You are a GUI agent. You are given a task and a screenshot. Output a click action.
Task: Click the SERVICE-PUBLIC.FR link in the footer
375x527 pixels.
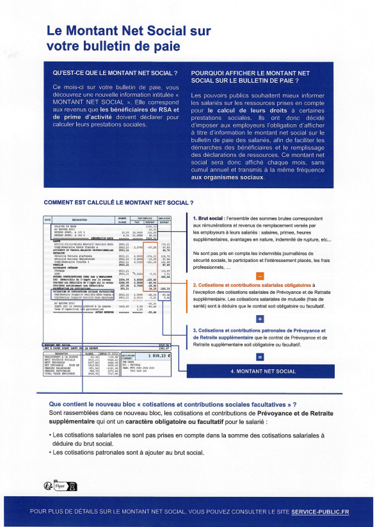click(320, 512)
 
